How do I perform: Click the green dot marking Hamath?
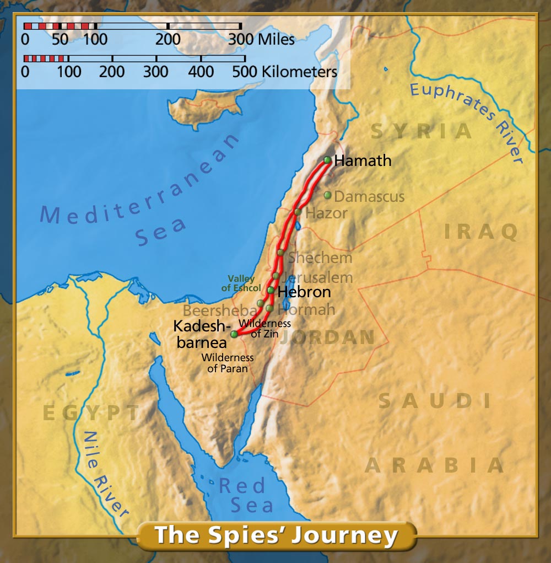point(327,160)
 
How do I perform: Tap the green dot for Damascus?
point(327,195)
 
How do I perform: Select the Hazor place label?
point(326,213)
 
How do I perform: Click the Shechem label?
point(320,257)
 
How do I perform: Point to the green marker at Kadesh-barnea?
point(234,334)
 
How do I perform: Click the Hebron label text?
point(304,292)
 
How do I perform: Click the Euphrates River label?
point(468,121)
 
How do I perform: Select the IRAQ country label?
point(481,232)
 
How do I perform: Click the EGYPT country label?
point(91,413)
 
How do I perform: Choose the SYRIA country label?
point(422,131)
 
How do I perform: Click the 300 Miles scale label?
point(262,40)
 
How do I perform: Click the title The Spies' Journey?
point(275,535)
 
